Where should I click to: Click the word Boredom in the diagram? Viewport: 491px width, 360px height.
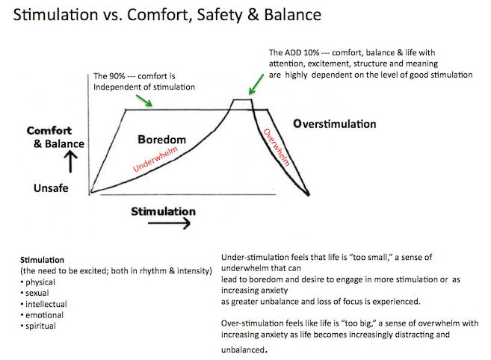tap(162, 140)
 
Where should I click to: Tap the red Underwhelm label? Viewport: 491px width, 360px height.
tap(155, 159)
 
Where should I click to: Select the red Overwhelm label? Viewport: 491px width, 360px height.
tap(277, 147)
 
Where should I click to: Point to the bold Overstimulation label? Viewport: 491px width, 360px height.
tap(334, 124)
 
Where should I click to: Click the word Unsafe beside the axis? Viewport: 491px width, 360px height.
tap(51, 188)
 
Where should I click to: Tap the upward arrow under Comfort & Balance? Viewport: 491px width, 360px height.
tap(71, 161)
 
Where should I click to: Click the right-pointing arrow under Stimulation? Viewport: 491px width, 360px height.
tap(169, 223)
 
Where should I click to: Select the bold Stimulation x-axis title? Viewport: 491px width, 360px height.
tap(163, 211)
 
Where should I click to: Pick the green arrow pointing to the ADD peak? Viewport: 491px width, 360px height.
tap(256, 84)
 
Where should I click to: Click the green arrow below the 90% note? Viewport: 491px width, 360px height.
tap(144, 101)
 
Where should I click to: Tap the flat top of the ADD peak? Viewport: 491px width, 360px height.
tap(242, 99)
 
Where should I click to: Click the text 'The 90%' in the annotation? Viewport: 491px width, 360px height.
tap(109, 76)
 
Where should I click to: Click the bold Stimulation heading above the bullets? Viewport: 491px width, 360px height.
tap(42, 260)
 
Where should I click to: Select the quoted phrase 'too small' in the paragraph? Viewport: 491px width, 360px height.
tap(371, 258)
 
